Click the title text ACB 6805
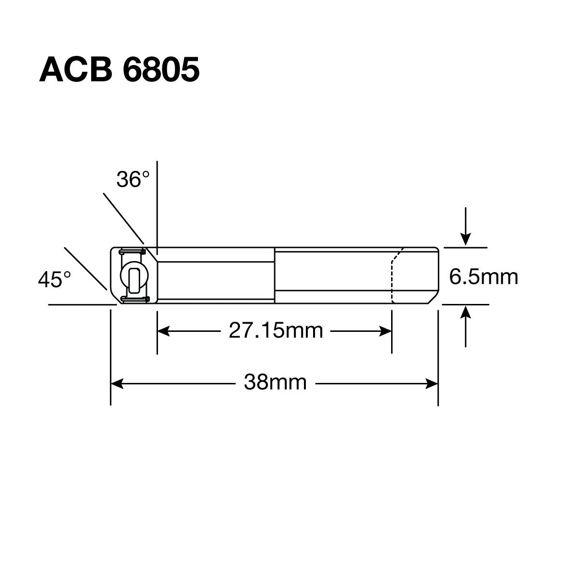click(x=118, y=70)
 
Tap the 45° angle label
click(x=54, y=279)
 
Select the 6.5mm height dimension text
click(x=483, y=277)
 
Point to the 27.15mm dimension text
click(x=275, y=331)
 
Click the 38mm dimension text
click(x=275, y=383)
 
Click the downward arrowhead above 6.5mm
click(x=465, y=239)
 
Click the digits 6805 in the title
click(x=161, y=70)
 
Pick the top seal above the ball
click(x=132, y=251)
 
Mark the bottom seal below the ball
click(x=134, y=299)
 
